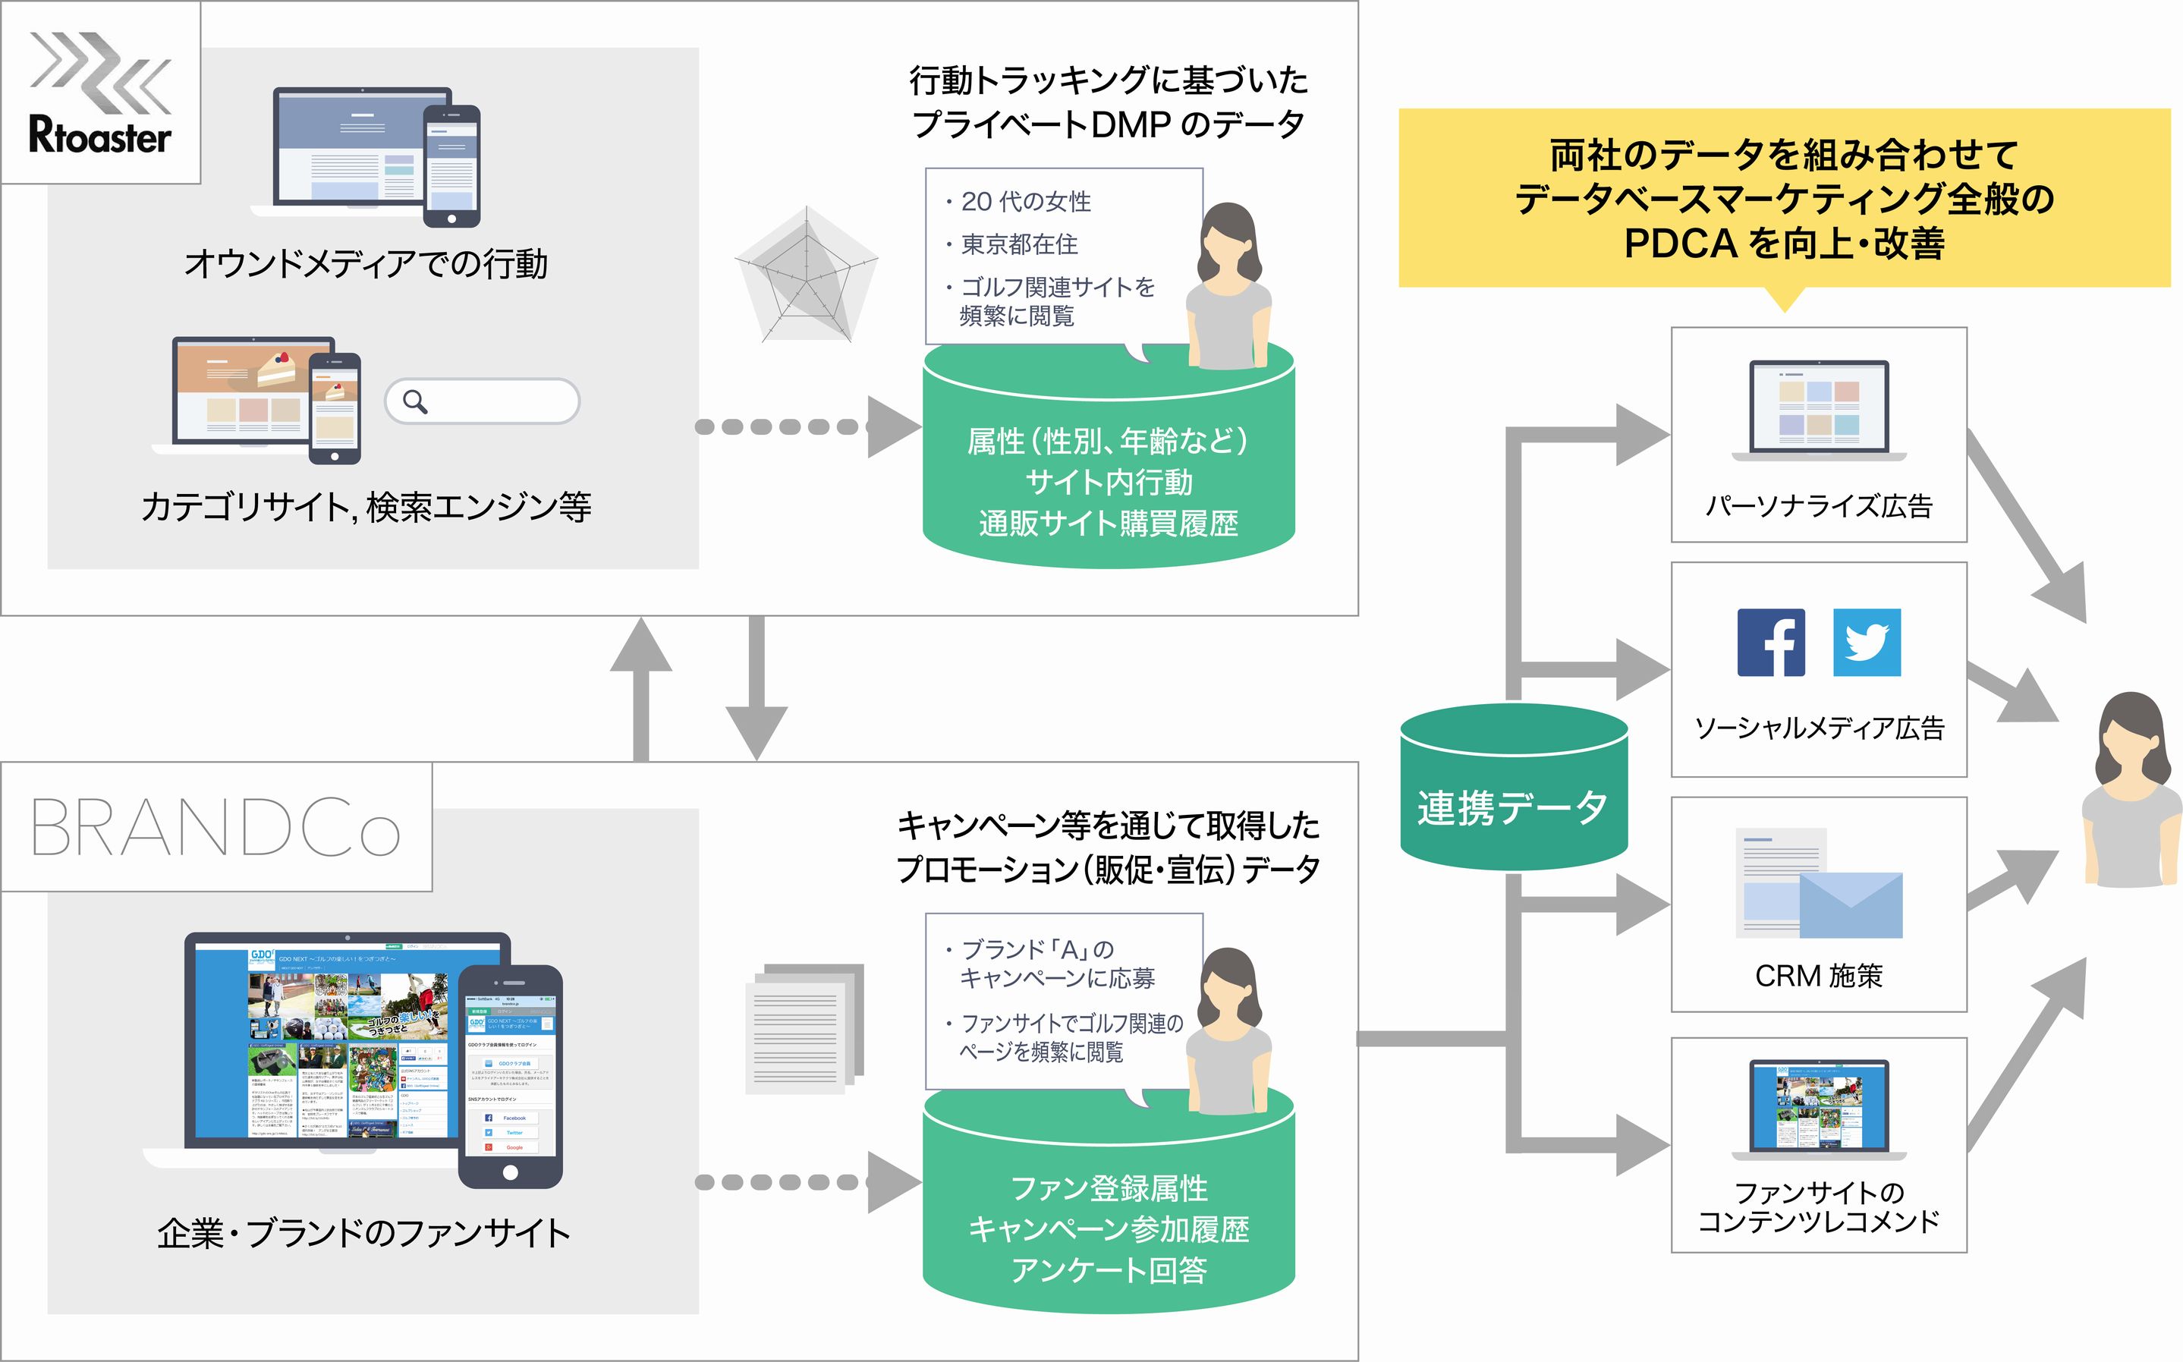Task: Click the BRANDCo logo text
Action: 216,827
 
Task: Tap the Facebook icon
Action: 1770,642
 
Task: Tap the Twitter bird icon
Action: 1867,642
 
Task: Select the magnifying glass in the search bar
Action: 415,401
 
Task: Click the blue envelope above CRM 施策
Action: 1851,905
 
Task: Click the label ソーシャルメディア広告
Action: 1820,728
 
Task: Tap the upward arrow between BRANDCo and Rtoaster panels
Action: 641,689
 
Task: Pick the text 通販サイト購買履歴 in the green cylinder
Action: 1109,524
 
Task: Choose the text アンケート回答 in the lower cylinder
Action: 1109,1270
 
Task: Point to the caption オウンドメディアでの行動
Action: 366,264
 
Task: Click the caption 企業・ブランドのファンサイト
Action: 364,1233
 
